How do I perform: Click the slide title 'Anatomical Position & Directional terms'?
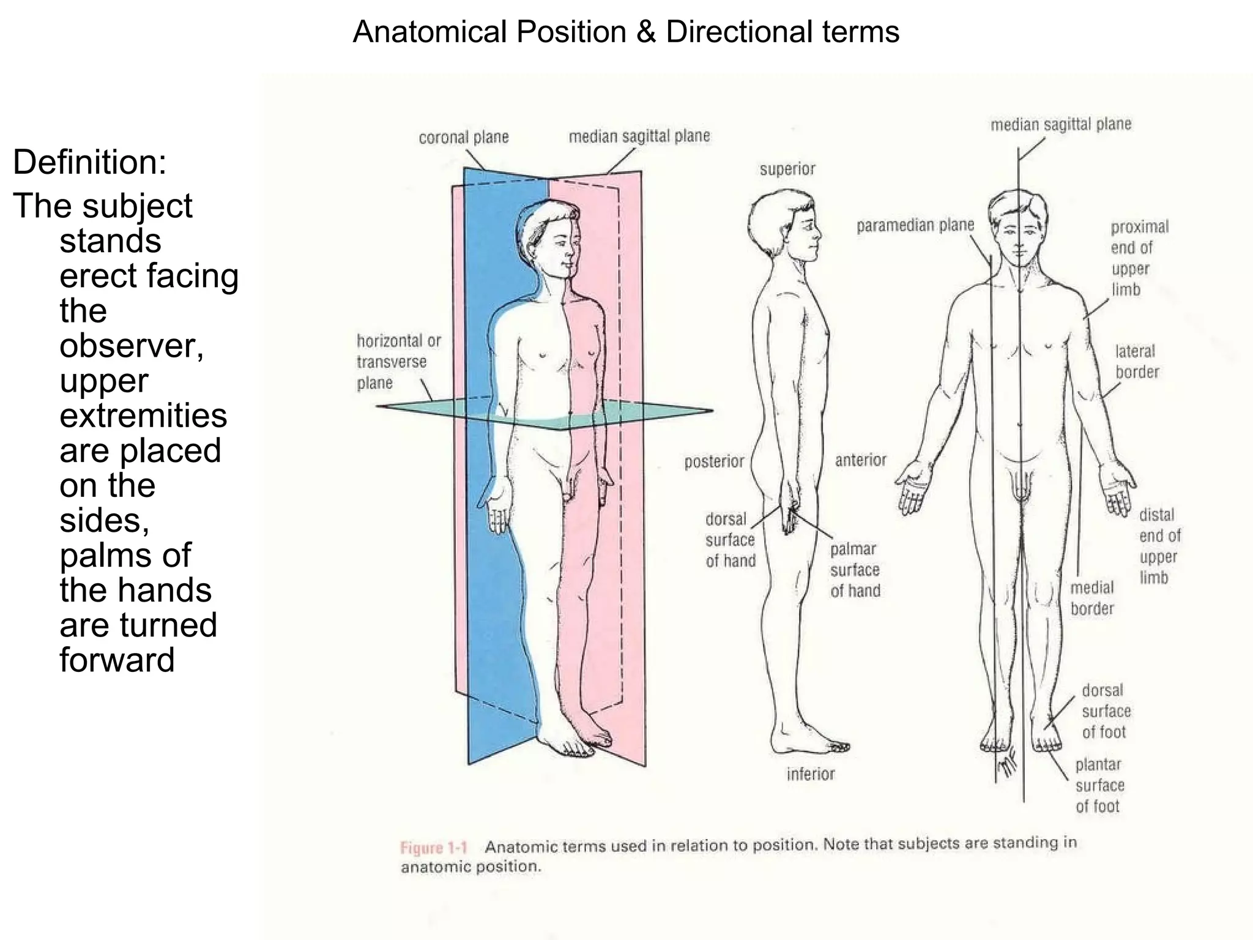[x=626, y=32]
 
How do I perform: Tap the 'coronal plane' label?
[x=464, y=137]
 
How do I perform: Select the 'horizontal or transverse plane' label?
[x=398, y=362]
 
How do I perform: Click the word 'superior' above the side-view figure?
[x=787, y=169]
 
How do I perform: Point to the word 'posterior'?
[x=714, y=461]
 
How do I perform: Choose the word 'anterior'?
[x=861, y=460]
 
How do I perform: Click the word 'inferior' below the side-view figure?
[x=811, y=774]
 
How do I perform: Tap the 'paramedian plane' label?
[x=915, y=226]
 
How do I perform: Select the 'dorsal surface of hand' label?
[x=730, y=540]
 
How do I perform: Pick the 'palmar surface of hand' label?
[x=855, y=570]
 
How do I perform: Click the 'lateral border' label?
[x=1137, y=362]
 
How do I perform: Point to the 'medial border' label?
[x=1092, y=598]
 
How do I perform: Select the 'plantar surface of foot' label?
[x=1099, y=785]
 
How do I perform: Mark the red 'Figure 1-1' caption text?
[x=433, y=848]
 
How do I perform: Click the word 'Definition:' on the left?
[x=89, y=162]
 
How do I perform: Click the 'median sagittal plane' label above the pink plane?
[x=639, y=136]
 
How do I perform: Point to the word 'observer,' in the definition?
[x=132, y=346]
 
